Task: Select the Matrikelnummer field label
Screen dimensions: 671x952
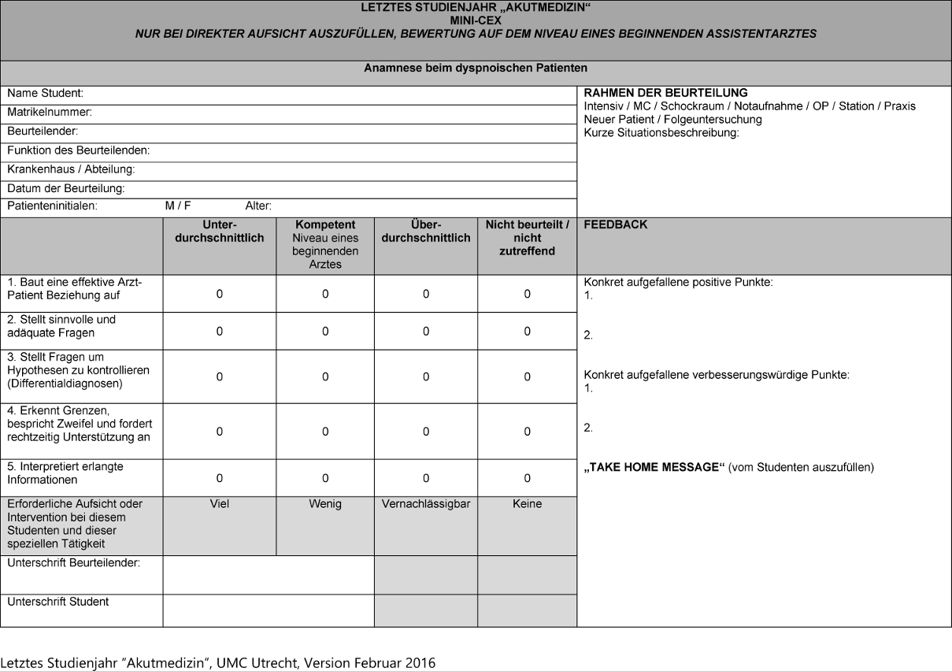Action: tap(50, 113)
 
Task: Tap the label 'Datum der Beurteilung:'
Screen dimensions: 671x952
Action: tap(66, 189)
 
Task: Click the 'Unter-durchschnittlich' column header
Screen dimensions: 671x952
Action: tap(219, 232)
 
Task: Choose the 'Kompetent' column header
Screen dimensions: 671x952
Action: tap(324, 225)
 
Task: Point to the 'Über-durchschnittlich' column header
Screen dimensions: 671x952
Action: tap(425, 232)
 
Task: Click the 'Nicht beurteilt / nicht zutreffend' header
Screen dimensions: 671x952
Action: tap(527, 238)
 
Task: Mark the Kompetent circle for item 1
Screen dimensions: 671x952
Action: tap(324, 294)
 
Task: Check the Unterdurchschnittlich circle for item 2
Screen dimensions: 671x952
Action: tap(220, 332)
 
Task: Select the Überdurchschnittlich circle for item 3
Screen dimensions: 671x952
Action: tap(425, 377)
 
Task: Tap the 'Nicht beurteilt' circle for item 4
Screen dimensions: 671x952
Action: tap(527, 432)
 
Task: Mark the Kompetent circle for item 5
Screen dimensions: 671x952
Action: tap(324, 478)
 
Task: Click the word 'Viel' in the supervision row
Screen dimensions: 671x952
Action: tap(220, 504)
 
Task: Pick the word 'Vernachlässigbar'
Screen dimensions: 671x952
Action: tap(425, 504)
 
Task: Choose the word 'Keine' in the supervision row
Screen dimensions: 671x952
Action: tap(527, 504)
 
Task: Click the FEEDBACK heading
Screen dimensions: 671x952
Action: tap(616, 225)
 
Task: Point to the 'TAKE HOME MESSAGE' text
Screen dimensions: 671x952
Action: tap(654, 467)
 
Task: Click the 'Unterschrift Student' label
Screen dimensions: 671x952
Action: tap(58, 602)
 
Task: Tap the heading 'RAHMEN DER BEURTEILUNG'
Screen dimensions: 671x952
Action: tap(665, 93)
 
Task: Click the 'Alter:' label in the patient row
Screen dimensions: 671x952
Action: tap(258, 206)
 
